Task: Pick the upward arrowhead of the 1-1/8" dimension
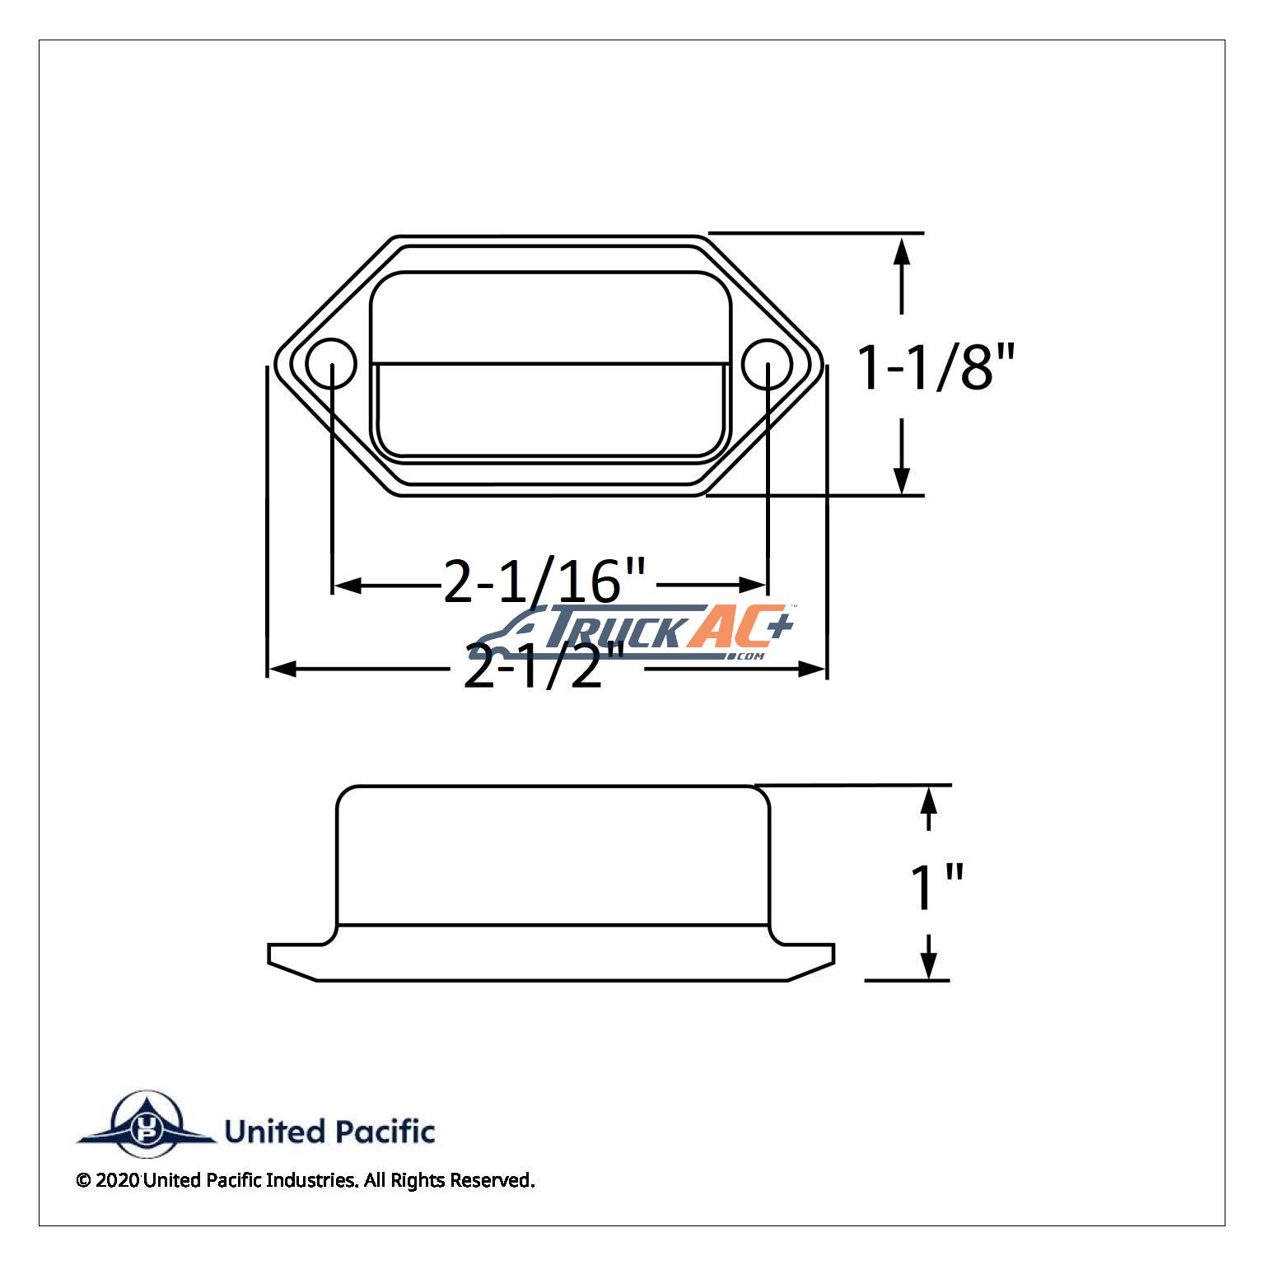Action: [902, 250]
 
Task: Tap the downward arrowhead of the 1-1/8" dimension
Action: [902, 479]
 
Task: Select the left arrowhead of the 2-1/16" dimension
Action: [348, 586]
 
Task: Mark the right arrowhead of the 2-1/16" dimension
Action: [752, 586]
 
